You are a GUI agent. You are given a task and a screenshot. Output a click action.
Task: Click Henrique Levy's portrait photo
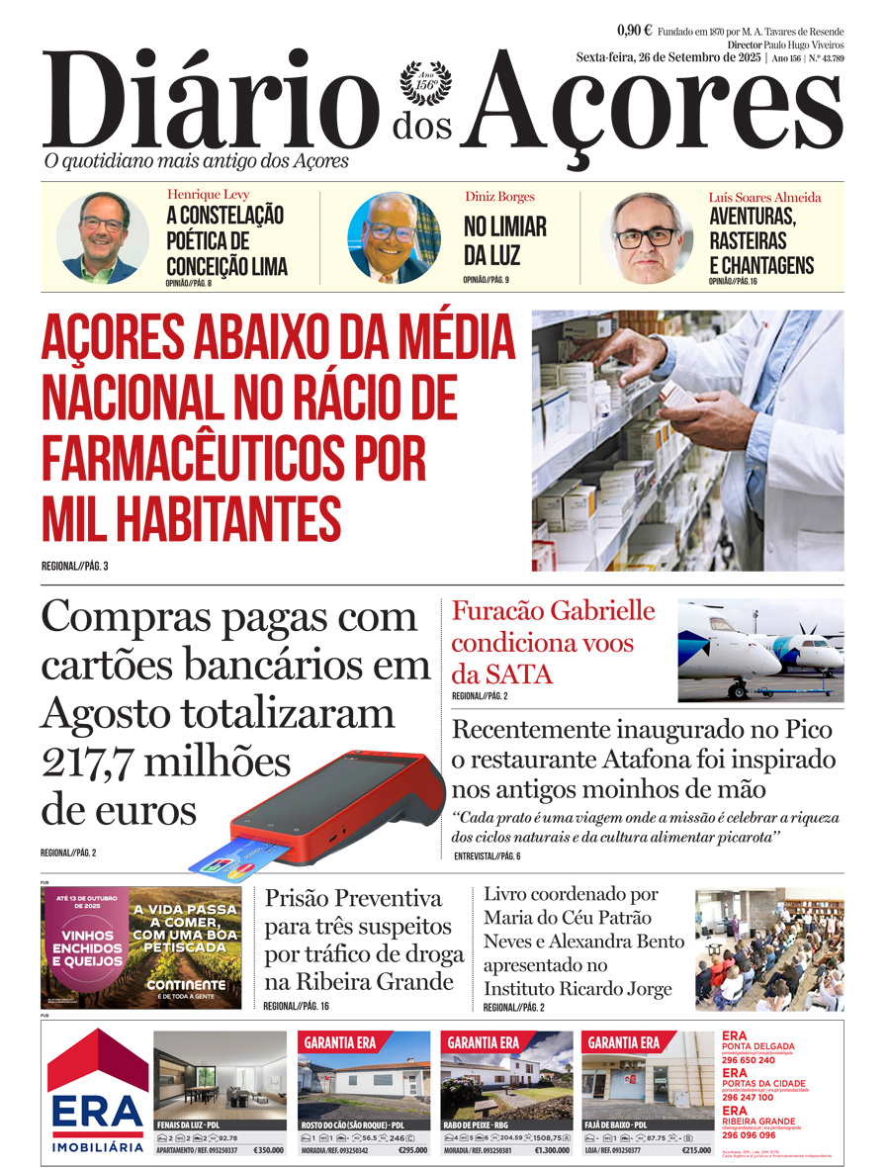pyautogui.click(x=102, y=237)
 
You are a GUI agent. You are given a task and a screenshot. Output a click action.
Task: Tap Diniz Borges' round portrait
pyautogui.click(x=394, y=237)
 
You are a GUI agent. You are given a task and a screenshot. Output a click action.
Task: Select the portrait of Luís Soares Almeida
pyautogui.click(x=648, y=237)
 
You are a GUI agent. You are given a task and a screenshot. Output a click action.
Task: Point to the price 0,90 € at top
pyautogui.click(x=634, y=30)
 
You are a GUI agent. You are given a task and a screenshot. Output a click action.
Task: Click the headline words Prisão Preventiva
pyautogui.click(x=353, y=899)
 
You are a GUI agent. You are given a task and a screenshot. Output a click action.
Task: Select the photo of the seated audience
pyautogui.click(x=768, y=948)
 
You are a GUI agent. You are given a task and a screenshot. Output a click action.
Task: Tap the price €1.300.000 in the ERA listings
pyautogui.click(x=552, y=1150)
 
